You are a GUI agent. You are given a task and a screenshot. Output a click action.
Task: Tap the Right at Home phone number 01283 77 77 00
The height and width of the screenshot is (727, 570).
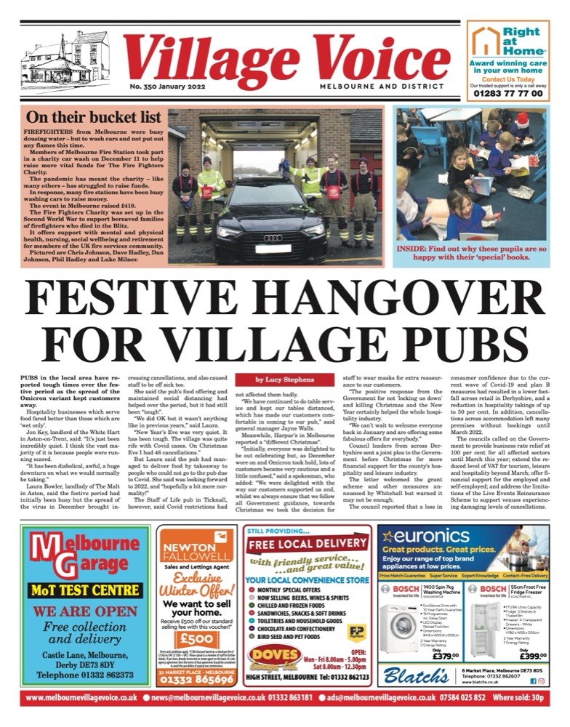507,94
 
